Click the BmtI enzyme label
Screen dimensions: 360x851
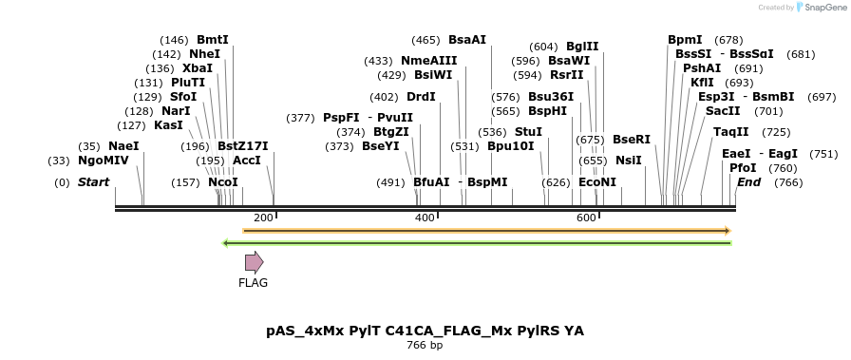pyautogui.click(x=213, y=40)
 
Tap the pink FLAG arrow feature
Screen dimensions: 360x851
pyautogui.click(x=254, y=262)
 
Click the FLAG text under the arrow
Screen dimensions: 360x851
pyautogui.click(x=254, y=282)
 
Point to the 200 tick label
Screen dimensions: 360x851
pyautogui.click(x=263, y=218)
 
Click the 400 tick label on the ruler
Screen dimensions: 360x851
pyautogui.click(x=425, y=218)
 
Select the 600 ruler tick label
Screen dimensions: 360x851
pyautogui.click(x=587, y=218)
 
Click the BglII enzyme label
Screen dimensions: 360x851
pyautogui.click(x=582, y=46)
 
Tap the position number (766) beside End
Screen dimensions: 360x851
pyautogui.click(x=788, y=181)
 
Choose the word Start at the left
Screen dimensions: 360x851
pyautogui.click(x=93, y=181)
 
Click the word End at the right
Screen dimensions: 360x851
pyautogui.click(x=749, y=181)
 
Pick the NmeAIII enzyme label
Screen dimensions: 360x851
pyautogui.click(x=428, y=61)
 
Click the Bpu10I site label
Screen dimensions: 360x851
pyautogui.click(x=511, y=146)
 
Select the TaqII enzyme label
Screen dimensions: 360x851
pyautogui.click(x=730, y=132)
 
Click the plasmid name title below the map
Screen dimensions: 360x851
pyautogui.click(x=425, y=331)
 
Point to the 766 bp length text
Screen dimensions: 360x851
pyautogui.click(x=425, y=346)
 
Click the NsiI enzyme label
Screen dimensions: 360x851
pyautogui.click(x=629, y=161)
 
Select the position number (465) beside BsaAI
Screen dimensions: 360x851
pyautogui.click(x=425, y=40)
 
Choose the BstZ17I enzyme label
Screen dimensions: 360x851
pyautogui.click(x=243, y=146)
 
